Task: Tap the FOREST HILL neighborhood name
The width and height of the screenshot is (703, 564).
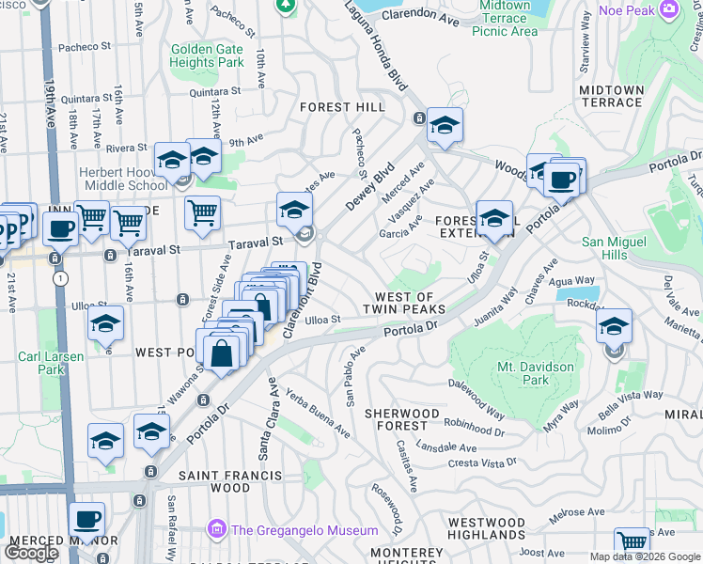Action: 342,107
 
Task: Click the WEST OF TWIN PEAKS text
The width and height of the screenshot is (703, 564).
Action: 404,303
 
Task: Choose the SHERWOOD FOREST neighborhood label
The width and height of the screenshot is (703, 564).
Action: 401,419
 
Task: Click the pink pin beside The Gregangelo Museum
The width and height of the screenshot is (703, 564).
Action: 218,530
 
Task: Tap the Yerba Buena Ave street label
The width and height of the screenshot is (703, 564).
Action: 318,415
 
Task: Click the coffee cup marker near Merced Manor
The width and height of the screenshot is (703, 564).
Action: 86,519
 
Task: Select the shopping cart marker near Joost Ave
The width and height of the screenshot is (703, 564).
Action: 632,543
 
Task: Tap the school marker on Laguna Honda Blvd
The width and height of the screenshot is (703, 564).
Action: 445,124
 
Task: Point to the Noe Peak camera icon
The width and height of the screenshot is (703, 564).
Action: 669,9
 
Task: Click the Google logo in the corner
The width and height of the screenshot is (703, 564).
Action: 32,552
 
